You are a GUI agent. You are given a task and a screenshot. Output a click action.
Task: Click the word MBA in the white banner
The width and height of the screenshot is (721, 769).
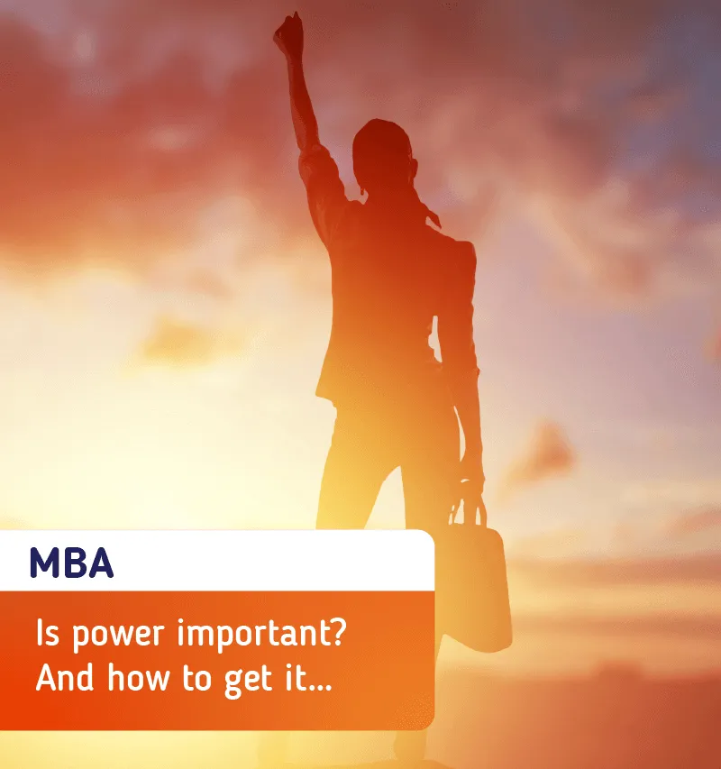coord(71,563)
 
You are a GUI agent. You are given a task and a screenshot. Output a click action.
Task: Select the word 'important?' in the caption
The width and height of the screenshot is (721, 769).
coord(261,633)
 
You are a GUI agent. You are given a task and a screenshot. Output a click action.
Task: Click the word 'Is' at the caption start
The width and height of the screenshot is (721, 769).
coord(48,632)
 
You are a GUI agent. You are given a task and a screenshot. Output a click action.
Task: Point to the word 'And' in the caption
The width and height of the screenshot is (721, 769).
coord(64,677)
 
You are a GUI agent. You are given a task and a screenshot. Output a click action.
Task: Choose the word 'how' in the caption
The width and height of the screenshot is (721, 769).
coord(139,677)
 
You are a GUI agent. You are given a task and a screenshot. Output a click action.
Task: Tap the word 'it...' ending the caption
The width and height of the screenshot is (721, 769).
coord(309,677)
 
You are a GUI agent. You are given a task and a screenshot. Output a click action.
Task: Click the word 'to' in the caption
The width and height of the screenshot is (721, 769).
coord(196,679)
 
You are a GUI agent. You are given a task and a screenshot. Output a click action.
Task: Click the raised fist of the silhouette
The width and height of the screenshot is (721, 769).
coord(288,31)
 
